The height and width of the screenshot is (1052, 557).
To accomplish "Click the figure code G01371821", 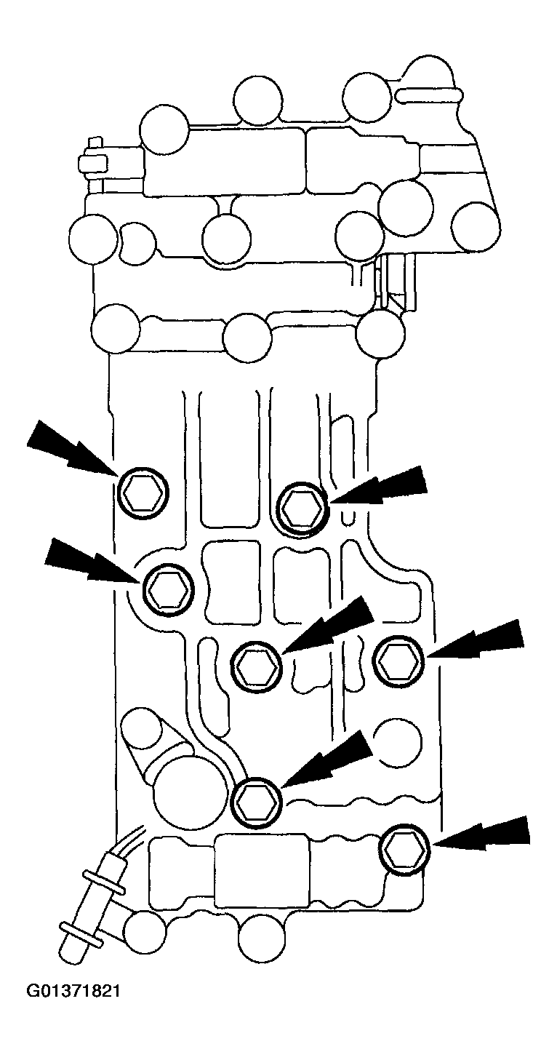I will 73,992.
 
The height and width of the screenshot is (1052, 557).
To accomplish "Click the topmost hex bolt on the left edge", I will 142,494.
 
